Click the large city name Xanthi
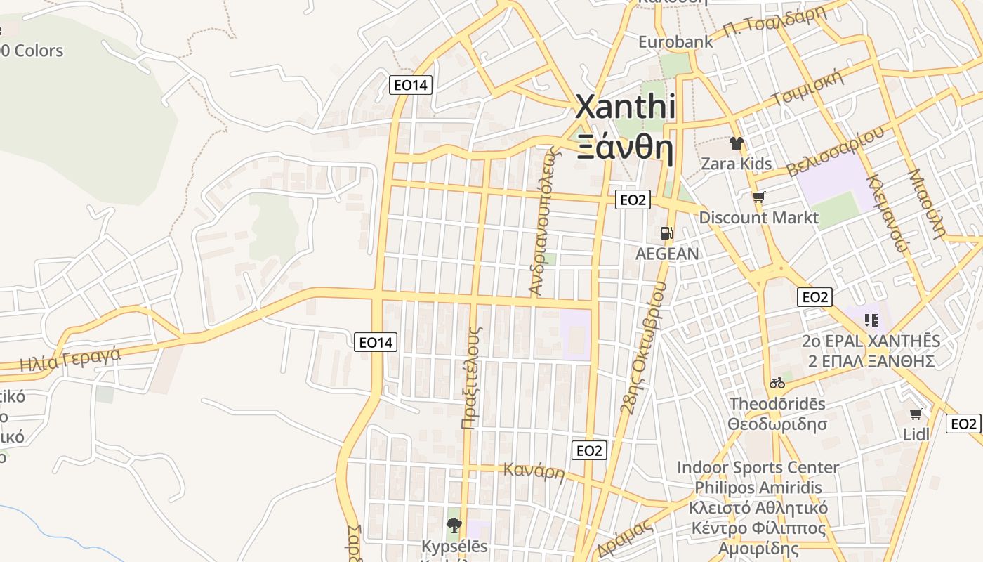(626, 107)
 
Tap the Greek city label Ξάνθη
(626, 148)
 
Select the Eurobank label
(675, 41)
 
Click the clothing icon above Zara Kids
(736, 143)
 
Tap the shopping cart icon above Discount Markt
(758, 197)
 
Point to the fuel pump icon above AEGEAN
(666, 233)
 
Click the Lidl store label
(916, 434)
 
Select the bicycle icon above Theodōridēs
(777, 383)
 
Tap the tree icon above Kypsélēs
(454, 525)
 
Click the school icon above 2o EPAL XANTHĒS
(871, 320)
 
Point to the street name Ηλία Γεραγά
(70, 360)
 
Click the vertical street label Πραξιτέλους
(471, 377)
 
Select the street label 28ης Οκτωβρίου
(643, 347)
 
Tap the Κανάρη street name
(534, 471)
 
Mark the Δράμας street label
(625, 537)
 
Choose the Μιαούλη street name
(928, 204)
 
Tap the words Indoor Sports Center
(758, 467)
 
